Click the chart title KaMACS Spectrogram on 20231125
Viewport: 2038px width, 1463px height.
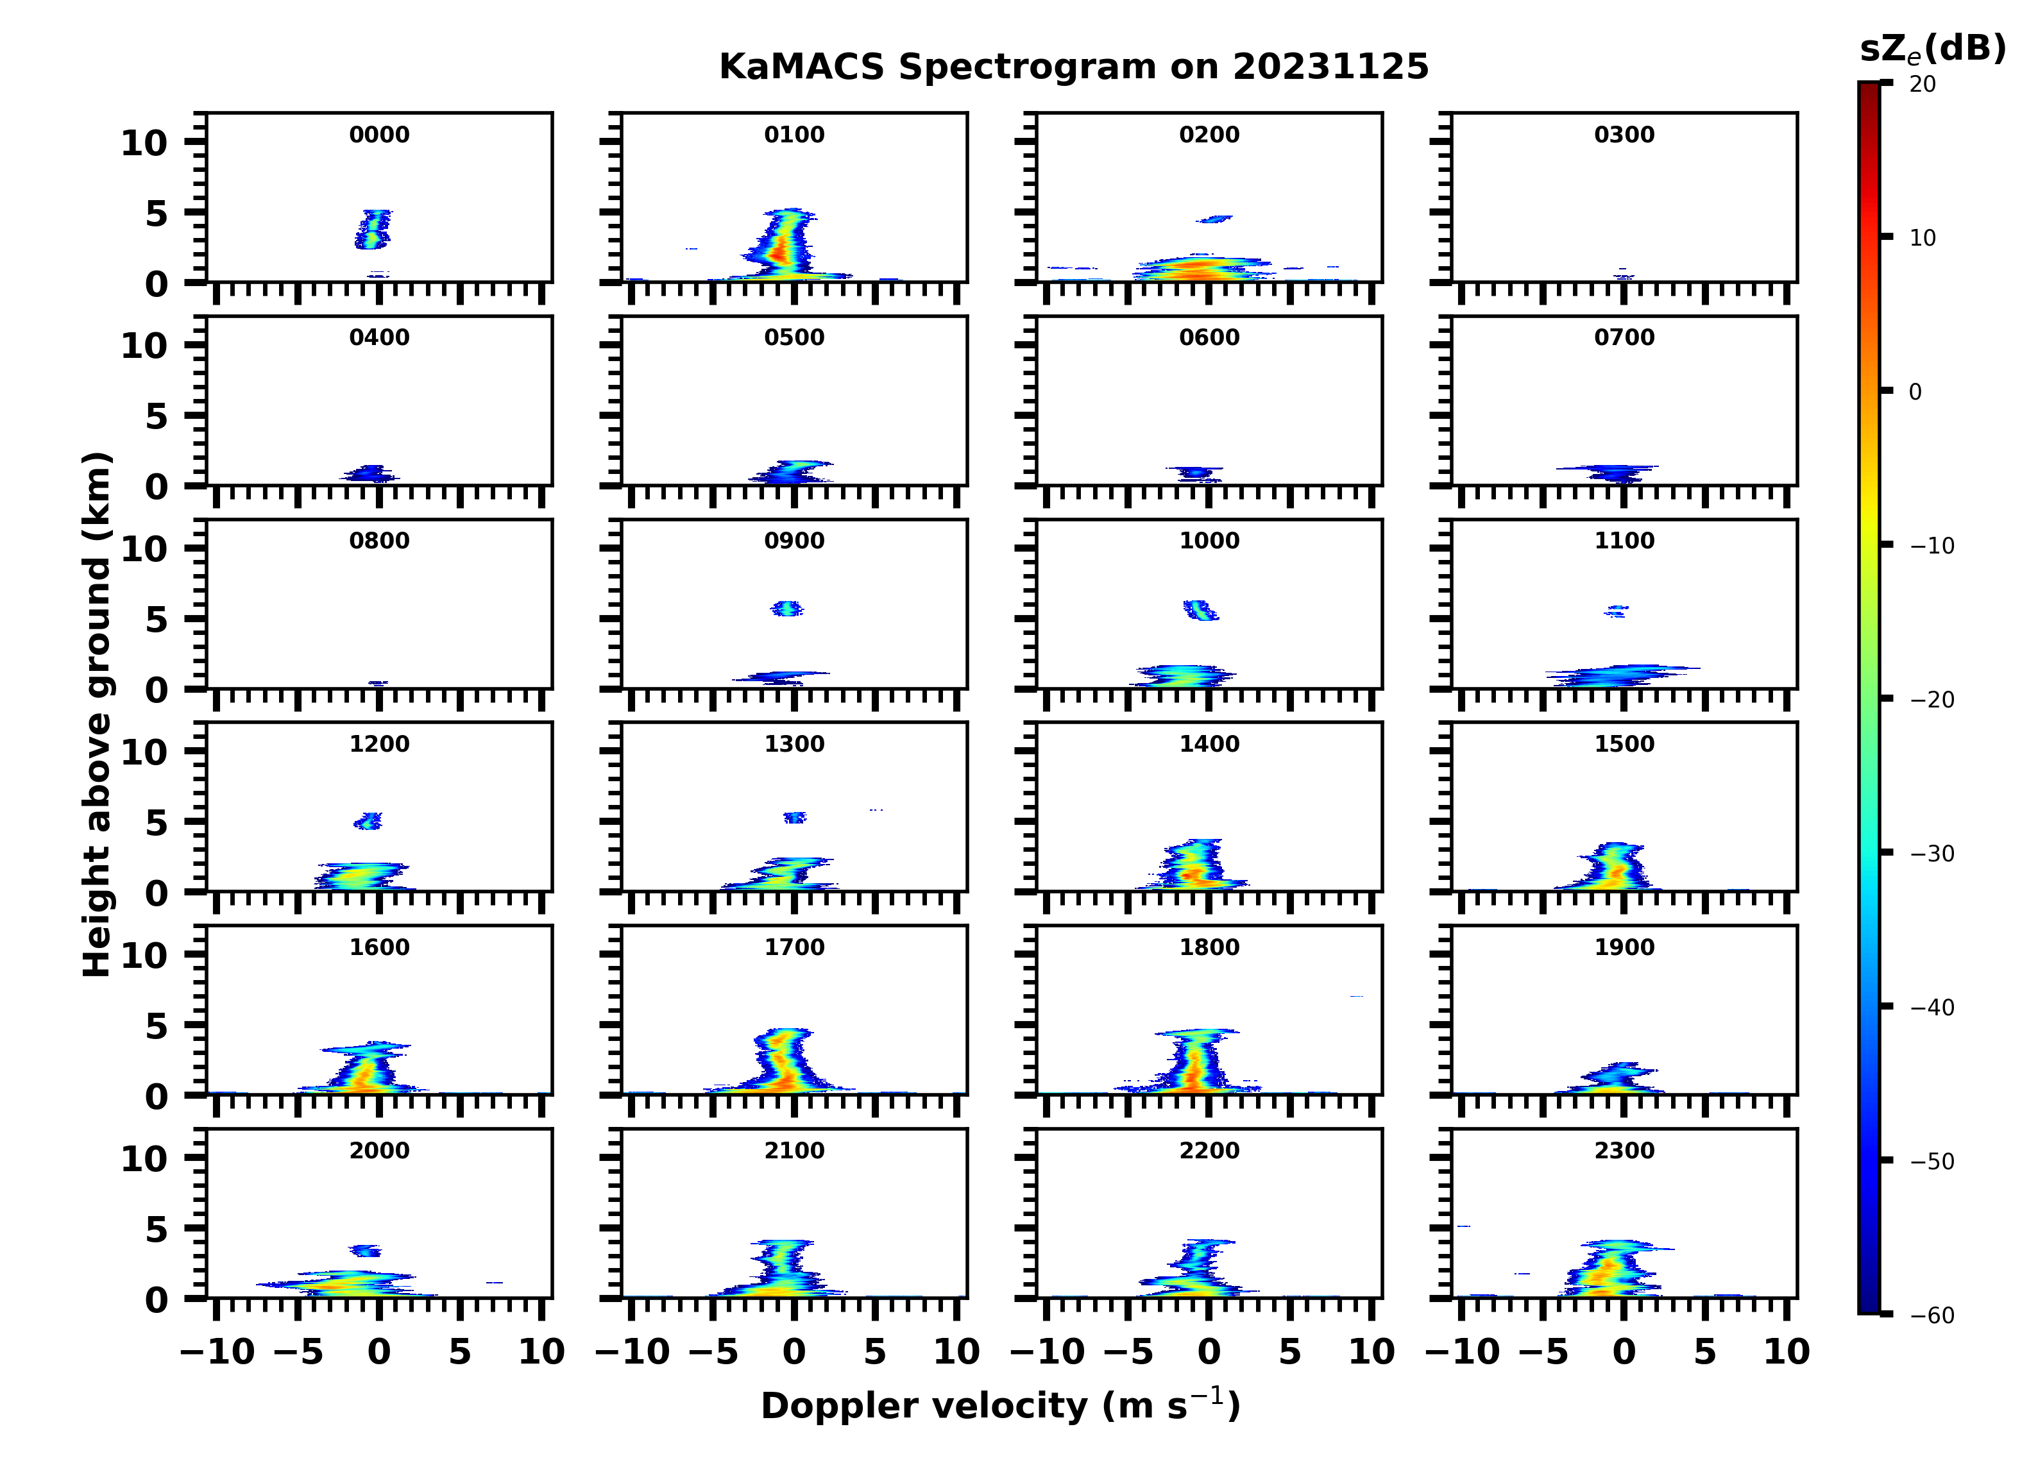(x=1073, y=67)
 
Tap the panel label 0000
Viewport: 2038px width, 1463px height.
(x=379, y=135)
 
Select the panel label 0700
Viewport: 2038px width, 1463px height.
(x=1624, y=338)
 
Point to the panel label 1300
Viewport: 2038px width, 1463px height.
(x=794, y=744)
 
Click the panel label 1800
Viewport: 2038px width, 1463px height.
(x=1209, y=947)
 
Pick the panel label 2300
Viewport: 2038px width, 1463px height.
(x=1624, y=1150)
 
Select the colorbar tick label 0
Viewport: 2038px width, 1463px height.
(x=1915, y=392)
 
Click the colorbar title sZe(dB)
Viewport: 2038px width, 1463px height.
(x=1932, y=49)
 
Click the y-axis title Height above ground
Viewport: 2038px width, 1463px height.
(x=97, y=715)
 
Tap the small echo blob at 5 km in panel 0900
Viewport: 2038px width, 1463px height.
(x=787, y=609)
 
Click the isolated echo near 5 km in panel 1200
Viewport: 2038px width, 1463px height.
(x=368, y=820)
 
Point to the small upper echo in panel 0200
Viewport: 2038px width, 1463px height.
(x=1215, y=218)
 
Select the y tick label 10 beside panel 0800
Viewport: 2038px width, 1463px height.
(x=144, y=549)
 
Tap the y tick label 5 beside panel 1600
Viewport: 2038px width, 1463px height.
(x=157, y=1026)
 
